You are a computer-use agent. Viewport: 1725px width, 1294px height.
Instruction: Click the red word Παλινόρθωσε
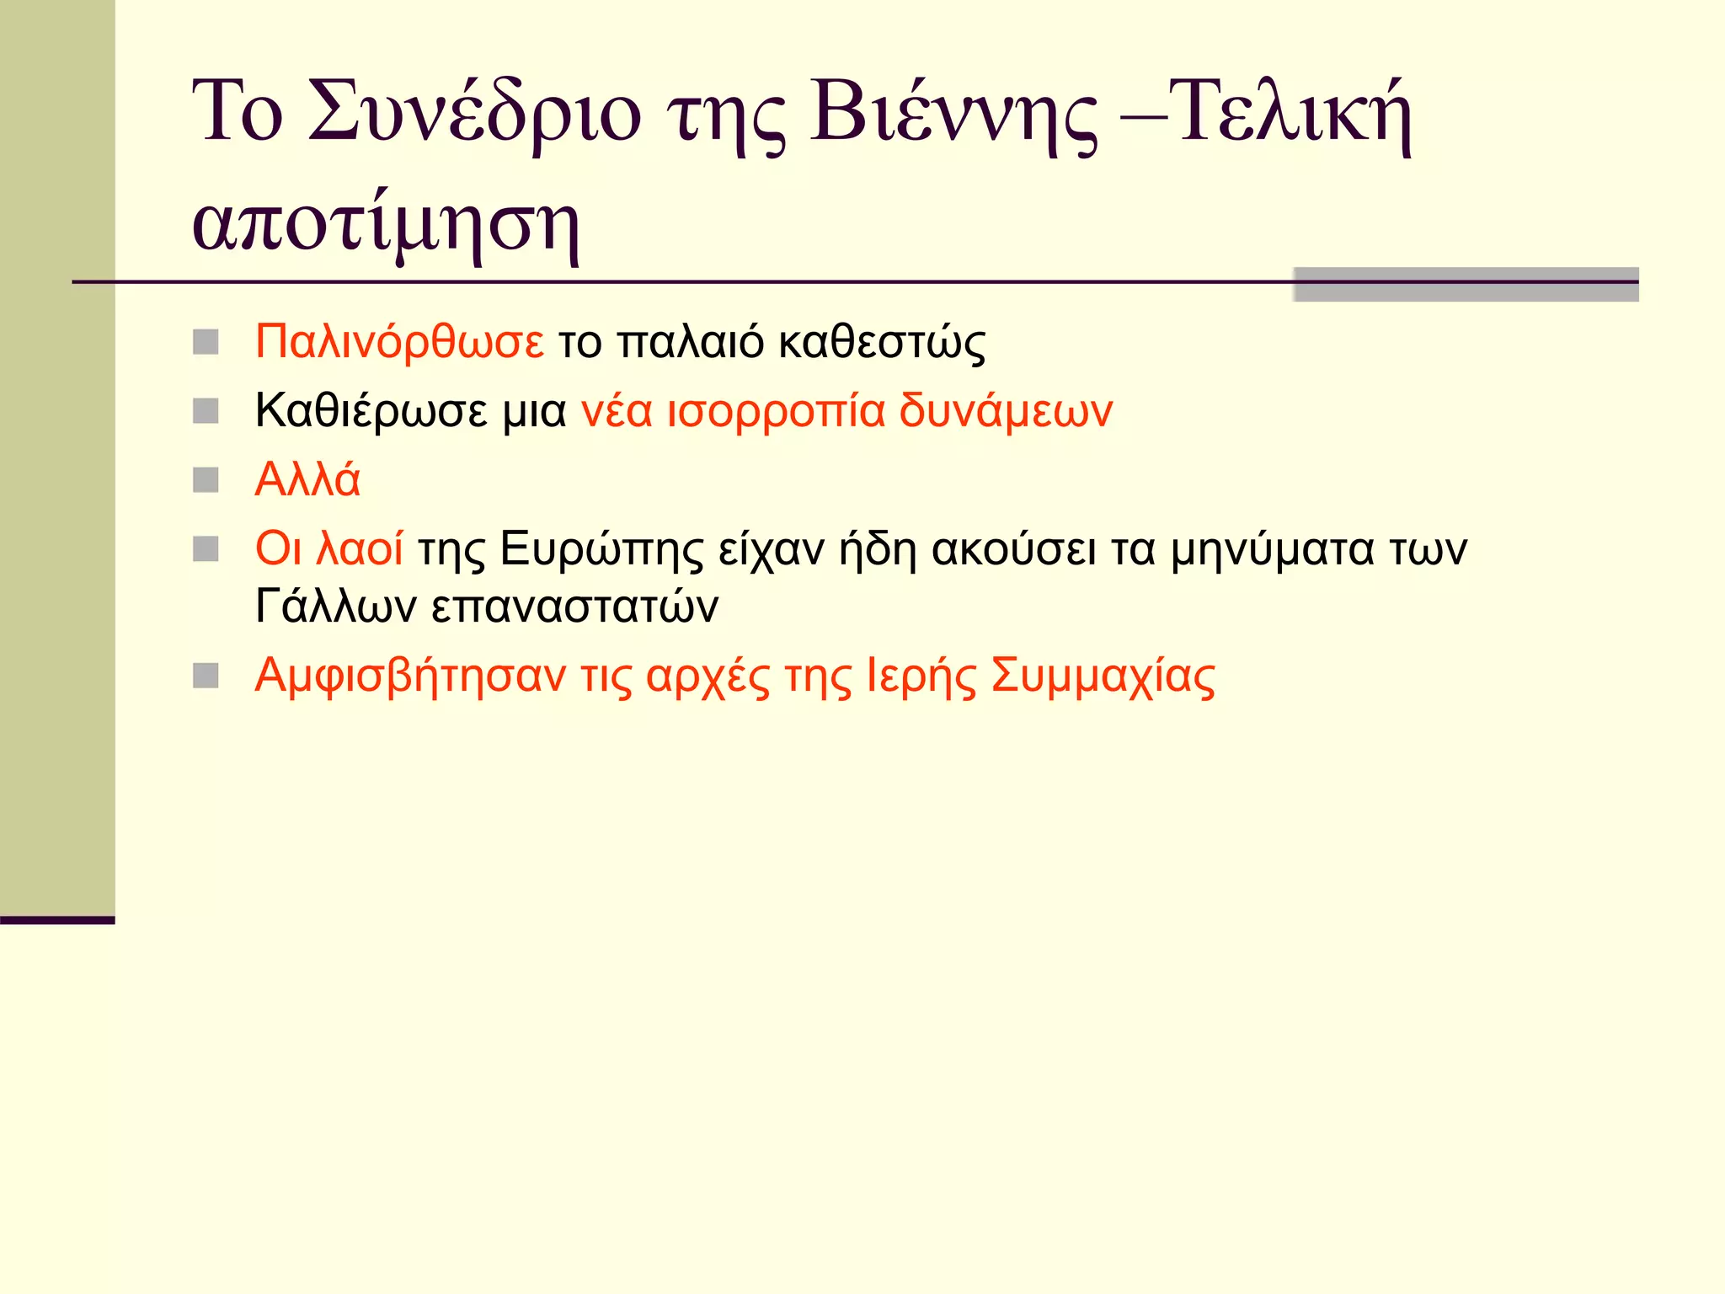pyautogui.click(x=399, y=342)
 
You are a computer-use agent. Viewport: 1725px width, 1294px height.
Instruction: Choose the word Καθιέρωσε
pyautogui.click(x=371, y=411)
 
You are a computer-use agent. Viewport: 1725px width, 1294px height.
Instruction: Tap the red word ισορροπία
pyautogui.click(x=776, y=411)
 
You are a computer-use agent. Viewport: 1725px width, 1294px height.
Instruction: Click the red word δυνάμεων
pyautogui.click(x=1006, y=411)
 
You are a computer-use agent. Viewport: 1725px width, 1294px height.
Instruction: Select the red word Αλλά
pyautogui.click(x=307, y=480)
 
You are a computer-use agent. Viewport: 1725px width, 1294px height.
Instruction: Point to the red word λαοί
pyautogui.click(x=360, y=548)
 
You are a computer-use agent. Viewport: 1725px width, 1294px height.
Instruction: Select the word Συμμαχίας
pyautogui.click(x=1103, y=676)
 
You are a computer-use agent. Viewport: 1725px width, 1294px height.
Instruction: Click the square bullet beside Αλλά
pyautogui.click(x=206, y=480)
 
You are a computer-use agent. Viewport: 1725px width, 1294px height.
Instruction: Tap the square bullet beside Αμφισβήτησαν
pyautogui.click(x=206, y=676)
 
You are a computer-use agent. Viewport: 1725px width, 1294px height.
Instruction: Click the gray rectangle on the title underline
pyautogui.click(x=1466, y=284)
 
